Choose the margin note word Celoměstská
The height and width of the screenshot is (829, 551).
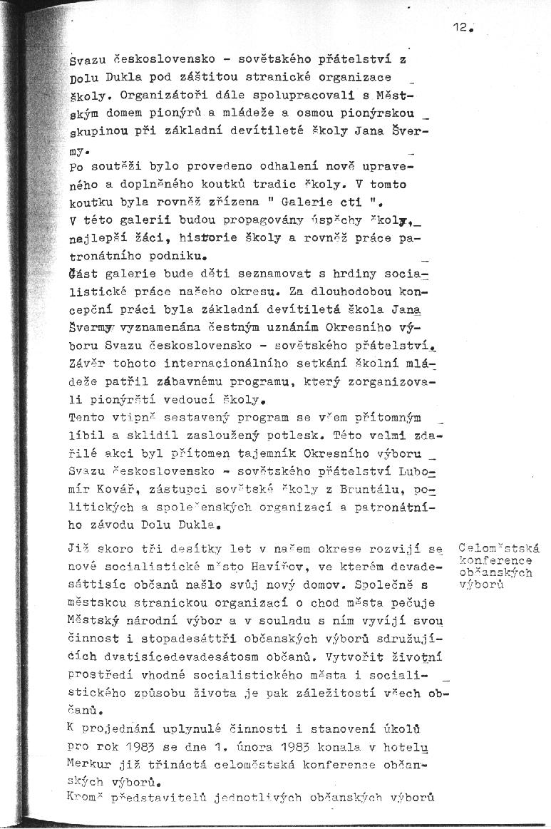click(499, 548)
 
